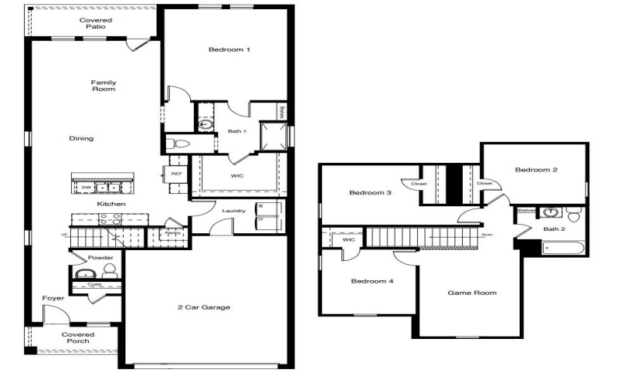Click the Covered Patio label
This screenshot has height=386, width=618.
[x=96, y=23]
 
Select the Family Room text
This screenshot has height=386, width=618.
[x=103, y=86]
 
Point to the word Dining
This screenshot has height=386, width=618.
[x=80, y=139]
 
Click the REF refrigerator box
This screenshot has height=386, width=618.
[x=175, y=174]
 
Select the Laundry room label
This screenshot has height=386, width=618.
[x=233, y=211]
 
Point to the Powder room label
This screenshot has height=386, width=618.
[x=101, y=258]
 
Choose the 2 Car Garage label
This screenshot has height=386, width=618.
[x=204, y=307]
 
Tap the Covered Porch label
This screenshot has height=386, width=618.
[x=78, y=337]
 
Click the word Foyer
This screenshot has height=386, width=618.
[x=53, y=298]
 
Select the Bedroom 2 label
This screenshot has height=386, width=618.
[x=536, y=170]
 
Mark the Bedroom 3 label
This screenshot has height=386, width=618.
[x=369, y=192]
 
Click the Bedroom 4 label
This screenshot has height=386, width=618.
[x=372, y=281]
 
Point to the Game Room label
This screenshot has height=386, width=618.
[x=473, y=293]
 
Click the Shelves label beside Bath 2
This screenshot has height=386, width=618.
[x=526, y=210]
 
